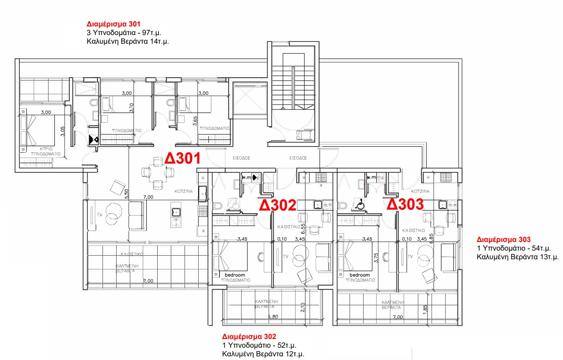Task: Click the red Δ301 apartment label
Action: pyautogui.click(x=183, y=159)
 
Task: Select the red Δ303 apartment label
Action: pyautogui.click(x=405, y=204)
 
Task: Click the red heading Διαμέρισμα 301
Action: pyautogui.click(x=113, y=24)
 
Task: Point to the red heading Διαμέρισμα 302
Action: pyautogui.click(x=249, y=337)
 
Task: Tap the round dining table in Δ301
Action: pyautogui.click(x=157, y=172)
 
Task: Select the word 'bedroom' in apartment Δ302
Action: pyautogui.click(x=235, y=275)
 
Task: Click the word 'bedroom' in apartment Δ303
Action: pyautogui.click(x=360, y=275)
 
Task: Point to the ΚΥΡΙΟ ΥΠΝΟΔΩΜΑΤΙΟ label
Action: pyautogui.click(x=45, y=151)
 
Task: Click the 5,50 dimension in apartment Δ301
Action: pyautogui.click(x=127, y=193)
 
